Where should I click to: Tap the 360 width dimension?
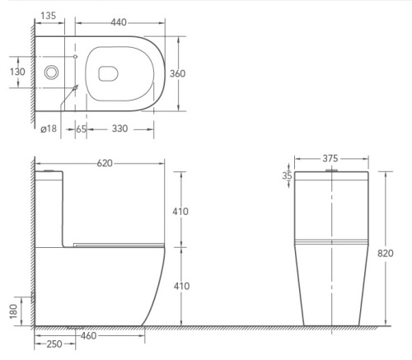coord(178,73)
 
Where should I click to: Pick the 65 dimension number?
coord(81,129)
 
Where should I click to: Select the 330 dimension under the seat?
coord(120,129)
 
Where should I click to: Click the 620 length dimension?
coord(104,163)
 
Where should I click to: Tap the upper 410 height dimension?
coord(180,212)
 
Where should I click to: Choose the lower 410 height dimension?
coord(180,285)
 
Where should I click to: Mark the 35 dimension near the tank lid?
coord(286,175)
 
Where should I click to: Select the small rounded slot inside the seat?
coord(105,73)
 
